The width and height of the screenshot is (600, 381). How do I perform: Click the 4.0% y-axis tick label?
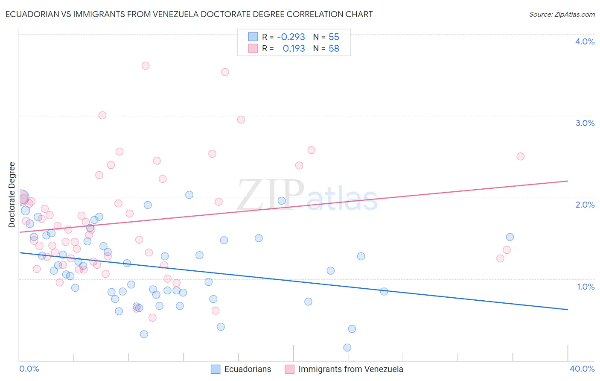click(585, 41)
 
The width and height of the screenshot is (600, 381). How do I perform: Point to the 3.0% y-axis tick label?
click(585, 123)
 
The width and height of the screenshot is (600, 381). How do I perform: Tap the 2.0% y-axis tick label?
click(585, 205)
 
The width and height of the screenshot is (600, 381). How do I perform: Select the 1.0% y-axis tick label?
click(585, 287)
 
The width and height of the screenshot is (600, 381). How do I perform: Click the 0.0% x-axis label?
click(29, 369)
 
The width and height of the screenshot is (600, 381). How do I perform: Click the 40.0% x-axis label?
click(582, 369)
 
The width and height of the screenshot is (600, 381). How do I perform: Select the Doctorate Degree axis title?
click(12, 195)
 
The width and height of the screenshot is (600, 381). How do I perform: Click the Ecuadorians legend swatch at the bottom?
click(216, 369)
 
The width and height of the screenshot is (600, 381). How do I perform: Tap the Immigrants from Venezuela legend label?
click(350, 369)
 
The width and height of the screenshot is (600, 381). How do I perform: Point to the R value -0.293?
click(291, 37)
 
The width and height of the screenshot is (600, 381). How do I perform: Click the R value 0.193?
click(294, 49)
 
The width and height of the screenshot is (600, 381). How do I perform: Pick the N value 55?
click(334, 37)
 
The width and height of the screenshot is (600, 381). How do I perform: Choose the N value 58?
click(334, 49)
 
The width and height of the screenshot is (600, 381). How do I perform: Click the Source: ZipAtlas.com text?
click(562, 15)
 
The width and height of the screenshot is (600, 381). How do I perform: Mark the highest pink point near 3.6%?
click(146, 66)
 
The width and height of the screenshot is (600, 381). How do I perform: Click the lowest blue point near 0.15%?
click(347, 348)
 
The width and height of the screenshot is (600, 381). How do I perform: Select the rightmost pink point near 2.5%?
click(520, 156)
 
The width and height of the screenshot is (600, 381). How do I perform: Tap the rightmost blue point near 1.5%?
click(510, 237)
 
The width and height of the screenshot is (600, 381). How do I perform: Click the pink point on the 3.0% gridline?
click(102, 115)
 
